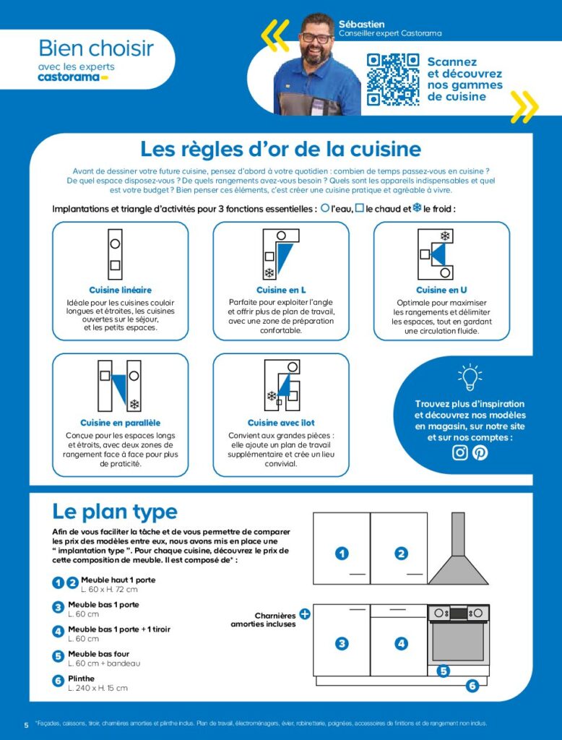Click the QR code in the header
(x=393, y=79)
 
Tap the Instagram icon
(x=460, y=453)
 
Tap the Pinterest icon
(x=480, y=453)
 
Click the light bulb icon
(x=470, y=377)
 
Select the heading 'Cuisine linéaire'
(x=120, y=290)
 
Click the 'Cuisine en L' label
(x=281, y=290)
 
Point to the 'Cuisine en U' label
(x=441, y=290)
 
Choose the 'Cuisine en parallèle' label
(x=120, y=423)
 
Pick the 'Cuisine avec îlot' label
(x=281, y=423)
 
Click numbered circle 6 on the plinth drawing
(x=472, y=686)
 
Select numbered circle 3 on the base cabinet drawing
(x=342, y=642)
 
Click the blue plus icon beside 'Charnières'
(x=305, y=614)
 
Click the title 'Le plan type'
(x=115, y=512)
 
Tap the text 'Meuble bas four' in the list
(x=99, y=654)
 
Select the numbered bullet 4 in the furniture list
(x=59, y=631)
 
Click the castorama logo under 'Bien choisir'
(x=72, y=77)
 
